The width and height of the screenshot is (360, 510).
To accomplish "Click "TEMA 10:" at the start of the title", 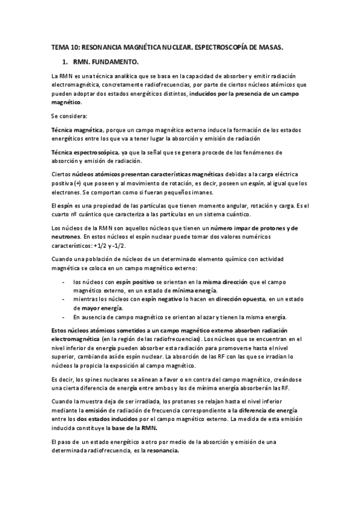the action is tap(65, 46).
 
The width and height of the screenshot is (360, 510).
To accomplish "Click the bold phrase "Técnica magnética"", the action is tap(77, 130).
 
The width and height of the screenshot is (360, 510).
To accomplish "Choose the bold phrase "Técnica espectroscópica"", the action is tap(85, 153).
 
